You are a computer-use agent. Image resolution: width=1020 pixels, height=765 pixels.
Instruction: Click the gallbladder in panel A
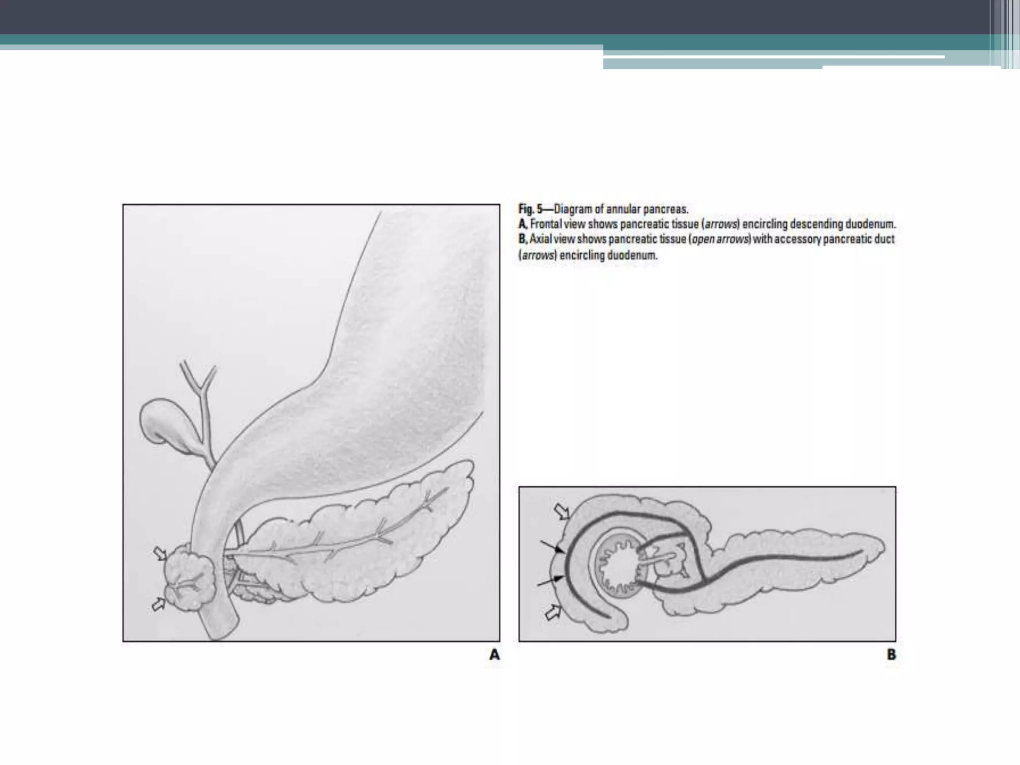point(162,421)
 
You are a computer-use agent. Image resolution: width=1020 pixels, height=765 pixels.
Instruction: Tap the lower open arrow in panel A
point(158,604)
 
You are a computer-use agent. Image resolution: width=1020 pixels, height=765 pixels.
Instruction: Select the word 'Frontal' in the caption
point(545,224)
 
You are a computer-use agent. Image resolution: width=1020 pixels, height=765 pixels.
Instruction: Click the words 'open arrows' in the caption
point(720,240)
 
